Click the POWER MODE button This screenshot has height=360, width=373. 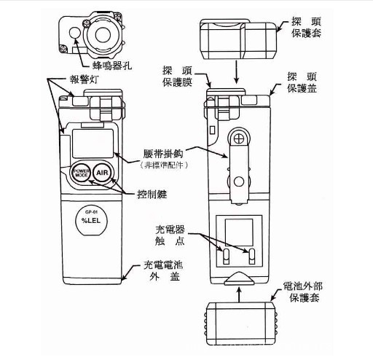click(x=81, y=174)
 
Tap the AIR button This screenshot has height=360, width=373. click(x=102, y=174)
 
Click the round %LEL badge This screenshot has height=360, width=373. click(x=92, y=219)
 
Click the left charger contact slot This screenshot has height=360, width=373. click(x=225, y=254)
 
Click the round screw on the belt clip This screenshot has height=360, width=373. click(x=237, y=137)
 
